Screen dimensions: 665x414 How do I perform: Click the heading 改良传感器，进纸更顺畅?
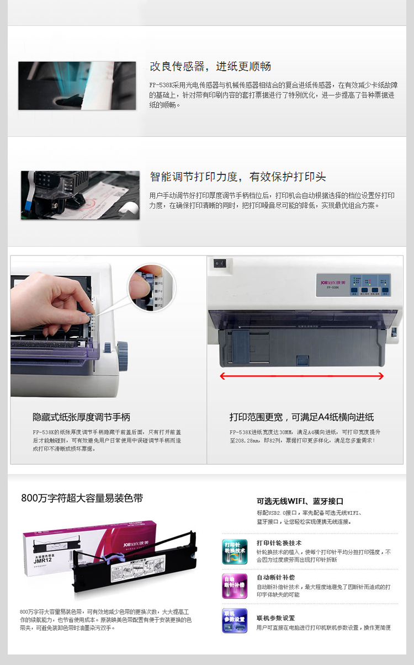pyautogui.click(x=210, y=67)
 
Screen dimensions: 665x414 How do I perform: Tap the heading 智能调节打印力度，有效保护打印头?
pyautogui.click(x=238, y=177)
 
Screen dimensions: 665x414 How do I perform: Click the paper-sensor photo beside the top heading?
pyautogui.click(x=77, y=86)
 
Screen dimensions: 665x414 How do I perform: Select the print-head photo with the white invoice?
pyautogui.click(x=80, y=195)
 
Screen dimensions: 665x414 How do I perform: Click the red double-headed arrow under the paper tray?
pyautogui.click(x=301, y=376)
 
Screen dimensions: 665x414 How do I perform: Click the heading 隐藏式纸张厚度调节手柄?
pyautogui.click(x=81, y=417)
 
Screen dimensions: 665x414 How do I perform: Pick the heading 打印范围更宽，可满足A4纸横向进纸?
pyautogui.click(x=301, y=417)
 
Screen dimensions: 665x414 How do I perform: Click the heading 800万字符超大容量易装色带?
pyautogui.click(x=82, y=498)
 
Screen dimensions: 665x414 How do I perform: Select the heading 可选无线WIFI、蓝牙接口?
pyautogui.click(x=300, y=501)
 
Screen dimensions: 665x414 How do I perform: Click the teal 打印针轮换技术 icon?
pyautogui.click(x=234, y=551)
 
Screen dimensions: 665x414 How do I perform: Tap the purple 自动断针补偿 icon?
pyautogui.click(x=234, y=585)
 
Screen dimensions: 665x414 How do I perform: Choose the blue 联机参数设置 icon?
pyautogui.click(x=234, y=620)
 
